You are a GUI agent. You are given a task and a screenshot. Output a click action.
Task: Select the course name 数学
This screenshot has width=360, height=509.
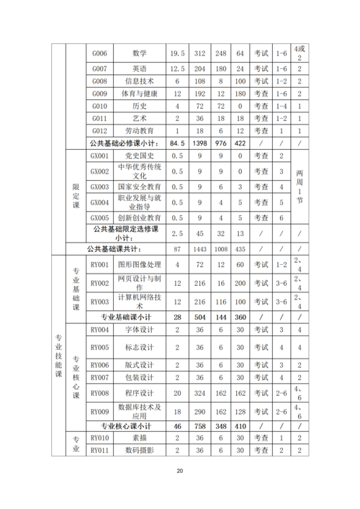point(140,53)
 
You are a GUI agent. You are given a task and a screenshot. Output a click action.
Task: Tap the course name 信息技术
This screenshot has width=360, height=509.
point(140,81)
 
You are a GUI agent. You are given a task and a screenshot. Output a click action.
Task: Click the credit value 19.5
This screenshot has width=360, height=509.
point(177,53)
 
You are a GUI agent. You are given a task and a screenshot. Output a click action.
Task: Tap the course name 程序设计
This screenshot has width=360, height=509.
point(140,393)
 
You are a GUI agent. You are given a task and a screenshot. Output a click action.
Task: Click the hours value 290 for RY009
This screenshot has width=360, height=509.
point(200,411)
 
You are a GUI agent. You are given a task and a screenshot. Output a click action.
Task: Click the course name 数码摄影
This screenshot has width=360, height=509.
point(140,450)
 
